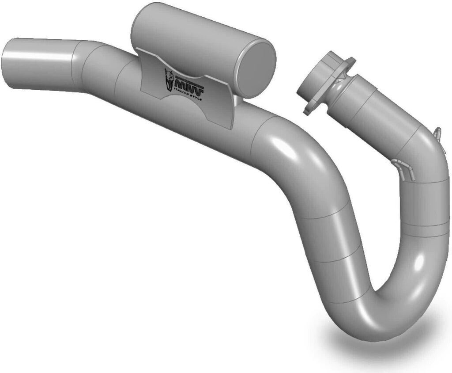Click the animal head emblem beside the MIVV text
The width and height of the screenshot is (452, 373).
169,80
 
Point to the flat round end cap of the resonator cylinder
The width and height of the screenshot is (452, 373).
256,67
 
